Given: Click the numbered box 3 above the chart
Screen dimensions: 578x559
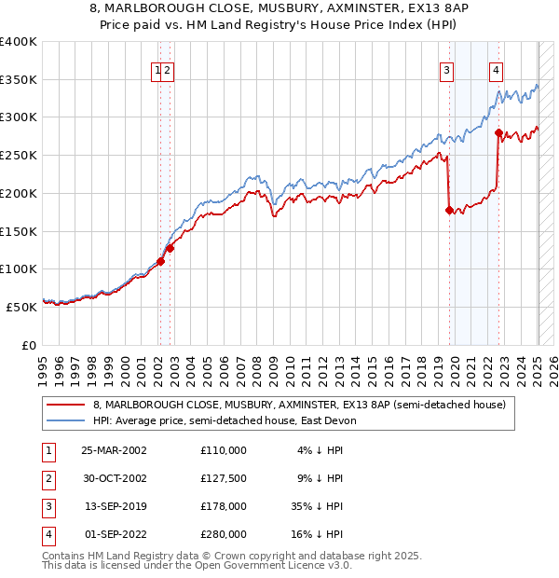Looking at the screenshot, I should (x=447, y=69).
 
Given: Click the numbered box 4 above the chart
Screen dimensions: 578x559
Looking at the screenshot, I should (x=497, y=69).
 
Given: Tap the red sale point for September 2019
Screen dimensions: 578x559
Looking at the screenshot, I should (x=449, y=211).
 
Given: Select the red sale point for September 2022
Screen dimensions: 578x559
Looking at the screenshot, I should (x=498, y=132).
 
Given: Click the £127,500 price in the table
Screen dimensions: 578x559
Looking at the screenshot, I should (x=224, y=479).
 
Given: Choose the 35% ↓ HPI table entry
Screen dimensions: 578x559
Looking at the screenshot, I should (x=317, y=507).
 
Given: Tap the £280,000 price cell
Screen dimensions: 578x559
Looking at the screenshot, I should (x=224, y=535).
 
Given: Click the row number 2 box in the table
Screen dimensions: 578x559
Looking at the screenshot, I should (x=48, y=479).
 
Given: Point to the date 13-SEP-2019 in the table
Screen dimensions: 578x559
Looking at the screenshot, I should (x=114, y=507).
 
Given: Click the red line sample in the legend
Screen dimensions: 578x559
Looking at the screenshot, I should (x=66, y=405).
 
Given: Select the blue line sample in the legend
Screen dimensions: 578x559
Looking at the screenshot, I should (x=66, y=420).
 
